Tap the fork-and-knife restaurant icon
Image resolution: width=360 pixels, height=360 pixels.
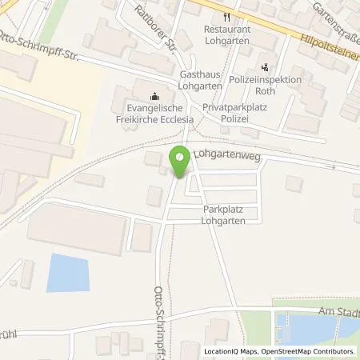(x=228, y=16)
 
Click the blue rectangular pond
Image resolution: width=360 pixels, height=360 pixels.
(x=67, y=273)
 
